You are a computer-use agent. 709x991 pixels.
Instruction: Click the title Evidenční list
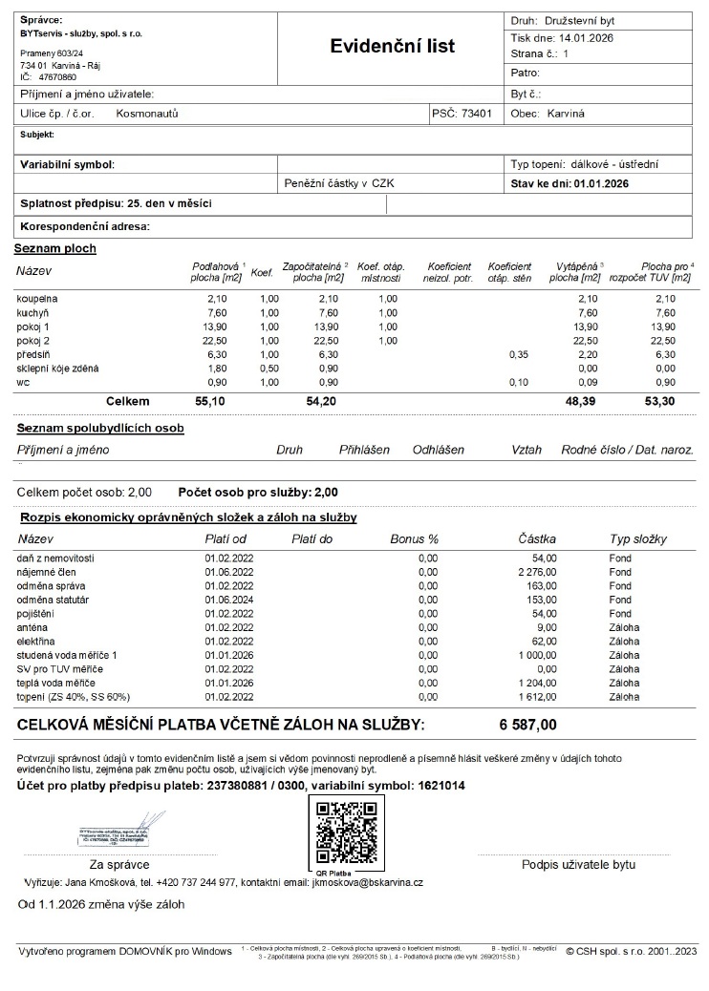392,46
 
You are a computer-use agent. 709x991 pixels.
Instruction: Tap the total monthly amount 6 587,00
527,725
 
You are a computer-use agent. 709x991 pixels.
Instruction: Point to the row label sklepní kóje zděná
56,368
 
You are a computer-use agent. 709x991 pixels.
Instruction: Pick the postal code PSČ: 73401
462,113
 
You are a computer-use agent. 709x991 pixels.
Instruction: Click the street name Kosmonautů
147,113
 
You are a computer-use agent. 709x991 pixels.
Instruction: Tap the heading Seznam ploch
54,248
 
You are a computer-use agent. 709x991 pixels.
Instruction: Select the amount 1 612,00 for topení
537,697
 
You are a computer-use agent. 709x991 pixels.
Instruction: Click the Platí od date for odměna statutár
229,600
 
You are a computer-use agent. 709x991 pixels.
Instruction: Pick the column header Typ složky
637,539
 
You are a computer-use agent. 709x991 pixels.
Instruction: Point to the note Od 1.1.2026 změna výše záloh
101,903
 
